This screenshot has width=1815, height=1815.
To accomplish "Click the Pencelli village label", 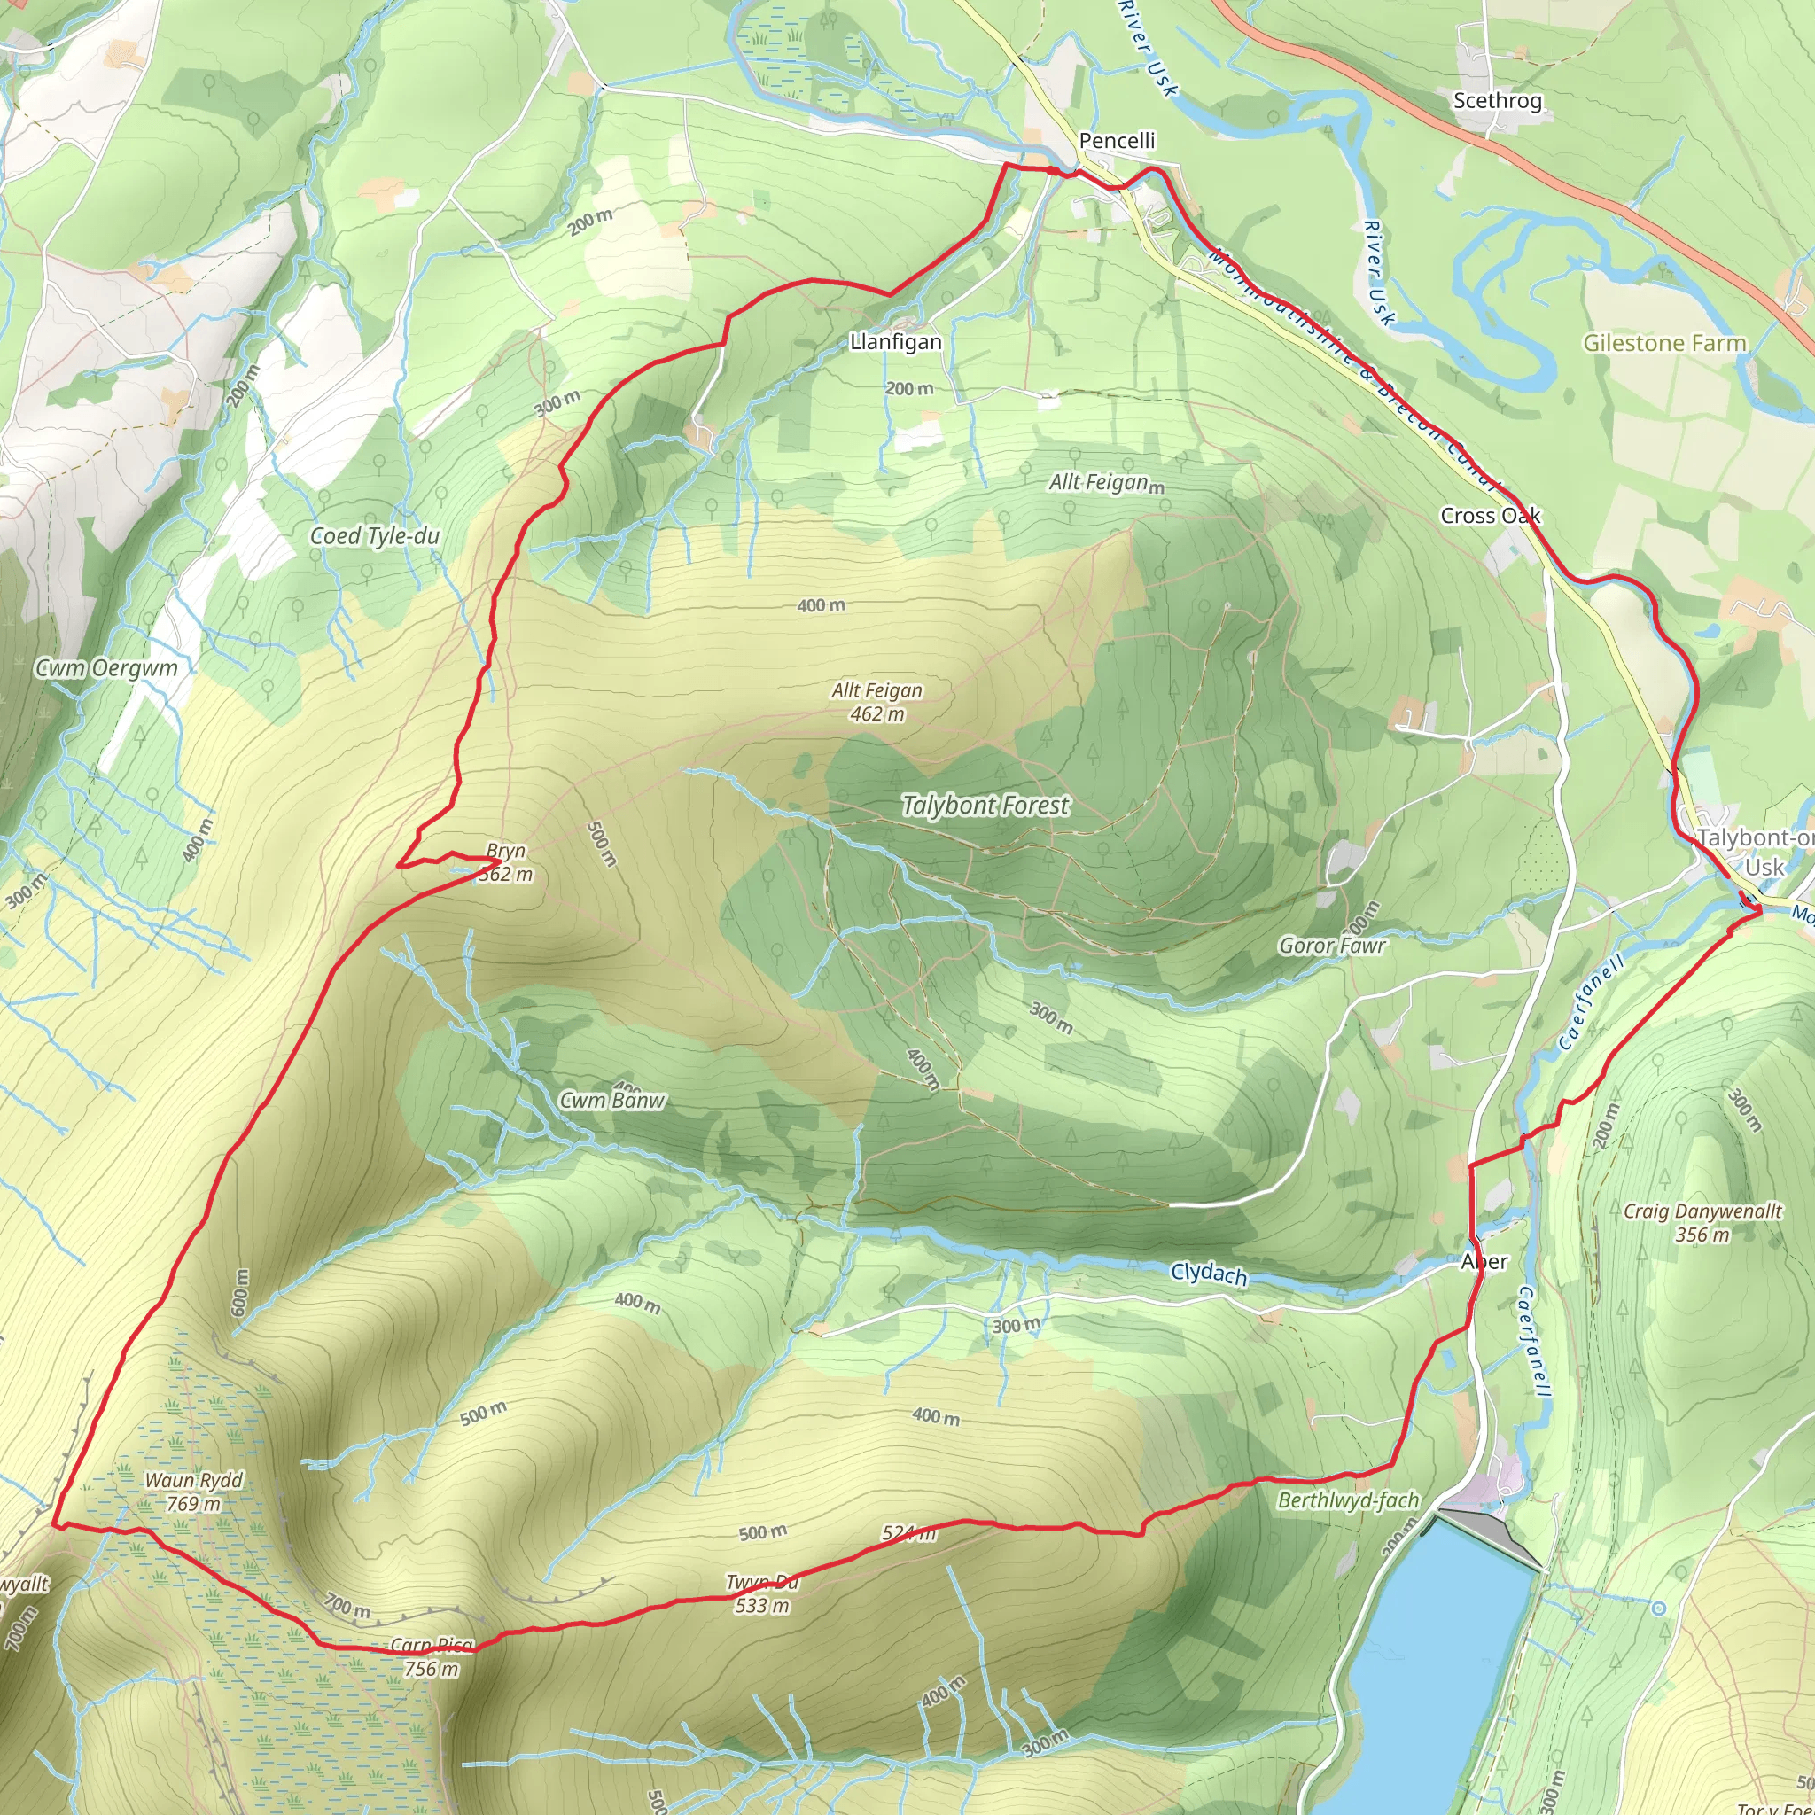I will point(1116,141).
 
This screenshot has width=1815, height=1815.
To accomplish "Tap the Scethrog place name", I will point(1497,100).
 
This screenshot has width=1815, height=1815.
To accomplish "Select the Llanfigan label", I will point(895,342).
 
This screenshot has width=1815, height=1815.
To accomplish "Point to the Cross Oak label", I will point(1490,516).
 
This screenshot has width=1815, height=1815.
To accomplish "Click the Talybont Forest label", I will point(985,805).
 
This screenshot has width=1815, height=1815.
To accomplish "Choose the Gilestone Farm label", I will point(1663,343).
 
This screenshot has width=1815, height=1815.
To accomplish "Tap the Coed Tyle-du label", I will point(375,535).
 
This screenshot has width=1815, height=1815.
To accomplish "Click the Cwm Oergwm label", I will point(106,668).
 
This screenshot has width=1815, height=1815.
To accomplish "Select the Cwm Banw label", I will point(611,1100).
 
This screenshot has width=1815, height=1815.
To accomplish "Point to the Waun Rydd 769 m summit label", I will point(193,1492).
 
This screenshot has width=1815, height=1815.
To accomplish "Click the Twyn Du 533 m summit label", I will point(762,1594).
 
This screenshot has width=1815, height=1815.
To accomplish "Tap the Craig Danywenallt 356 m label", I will point(1702,1222).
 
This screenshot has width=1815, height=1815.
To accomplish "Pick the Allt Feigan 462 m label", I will point(877,702).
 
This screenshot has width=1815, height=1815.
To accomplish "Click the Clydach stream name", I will point(1208,1274).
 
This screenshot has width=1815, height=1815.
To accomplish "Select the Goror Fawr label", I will point(1331,945).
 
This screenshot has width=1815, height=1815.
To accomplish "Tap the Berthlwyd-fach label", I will point(1348,1500).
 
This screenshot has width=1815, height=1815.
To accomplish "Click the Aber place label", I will point(1484,1262).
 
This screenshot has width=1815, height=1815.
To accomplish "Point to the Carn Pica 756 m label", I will point(432,1657).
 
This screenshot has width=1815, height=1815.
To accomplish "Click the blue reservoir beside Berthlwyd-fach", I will point(1428,1663).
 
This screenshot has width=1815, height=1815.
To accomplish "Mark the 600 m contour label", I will point(240,1292).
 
